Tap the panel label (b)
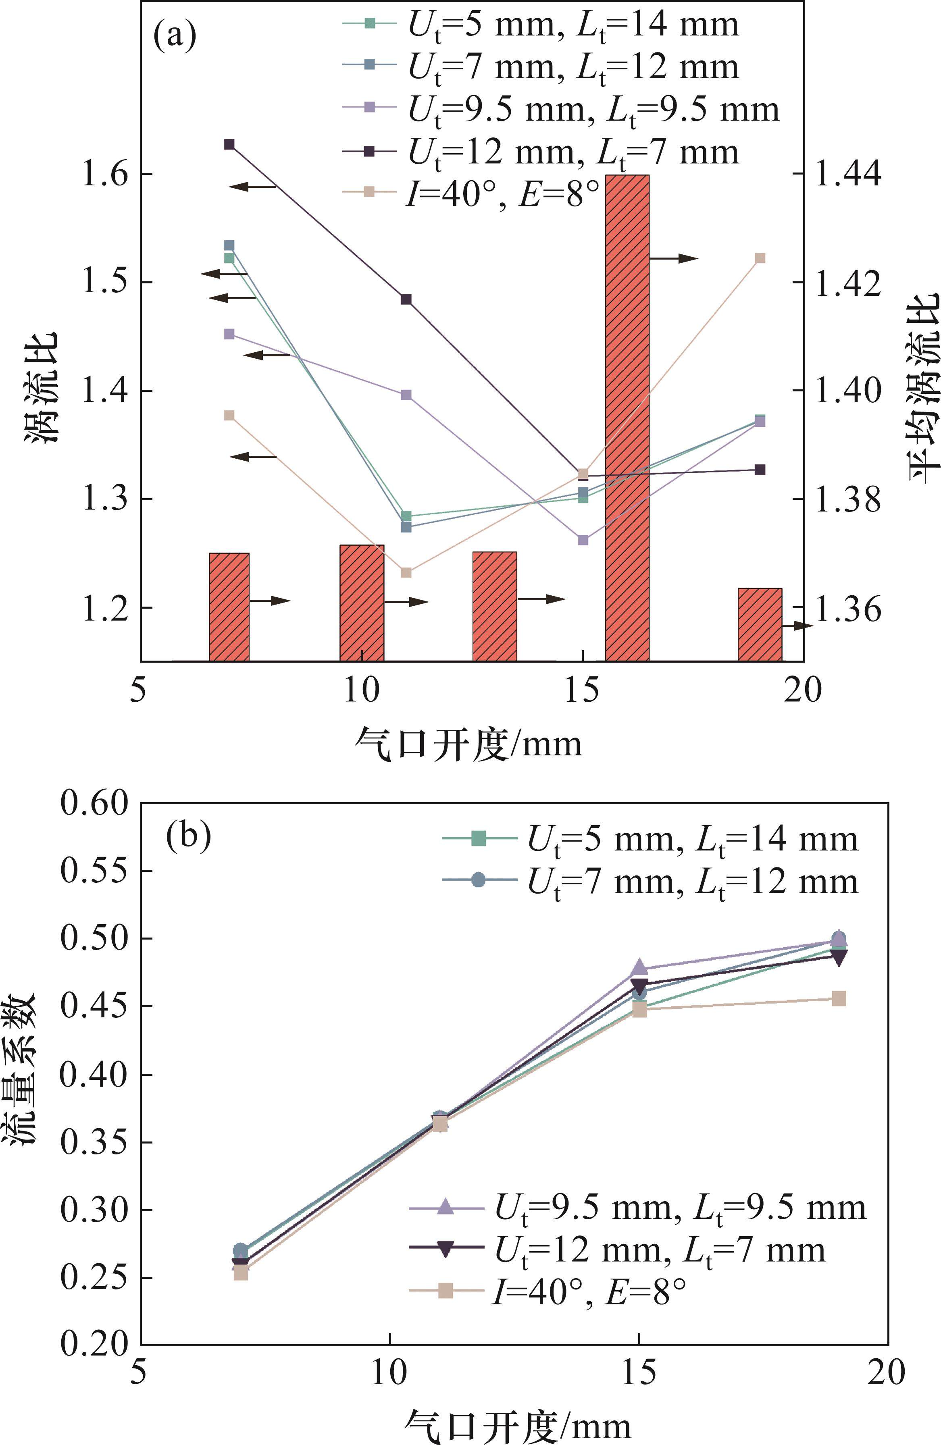point(188,836)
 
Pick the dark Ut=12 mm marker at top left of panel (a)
point(229,144)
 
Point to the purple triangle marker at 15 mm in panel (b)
point(639,968)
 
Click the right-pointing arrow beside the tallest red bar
point(675,259)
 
